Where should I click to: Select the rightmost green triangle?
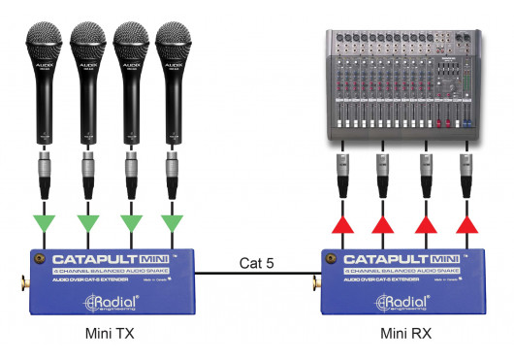173,226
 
